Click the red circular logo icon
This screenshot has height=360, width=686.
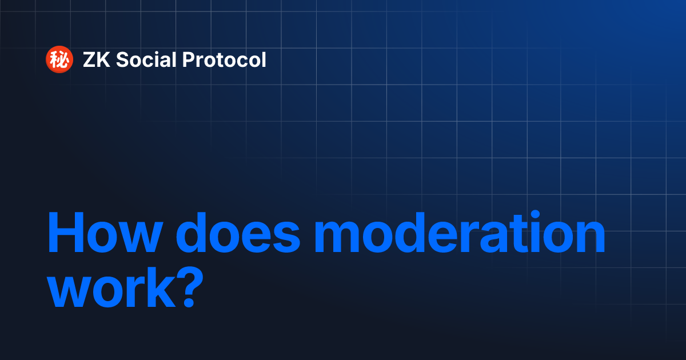(59, 60)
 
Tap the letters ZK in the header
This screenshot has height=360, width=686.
(97, 60)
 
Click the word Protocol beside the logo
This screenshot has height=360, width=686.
(225, 60)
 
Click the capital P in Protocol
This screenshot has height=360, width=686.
(189, 60)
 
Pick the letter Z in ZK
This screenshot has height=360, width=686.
(90, 60)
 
